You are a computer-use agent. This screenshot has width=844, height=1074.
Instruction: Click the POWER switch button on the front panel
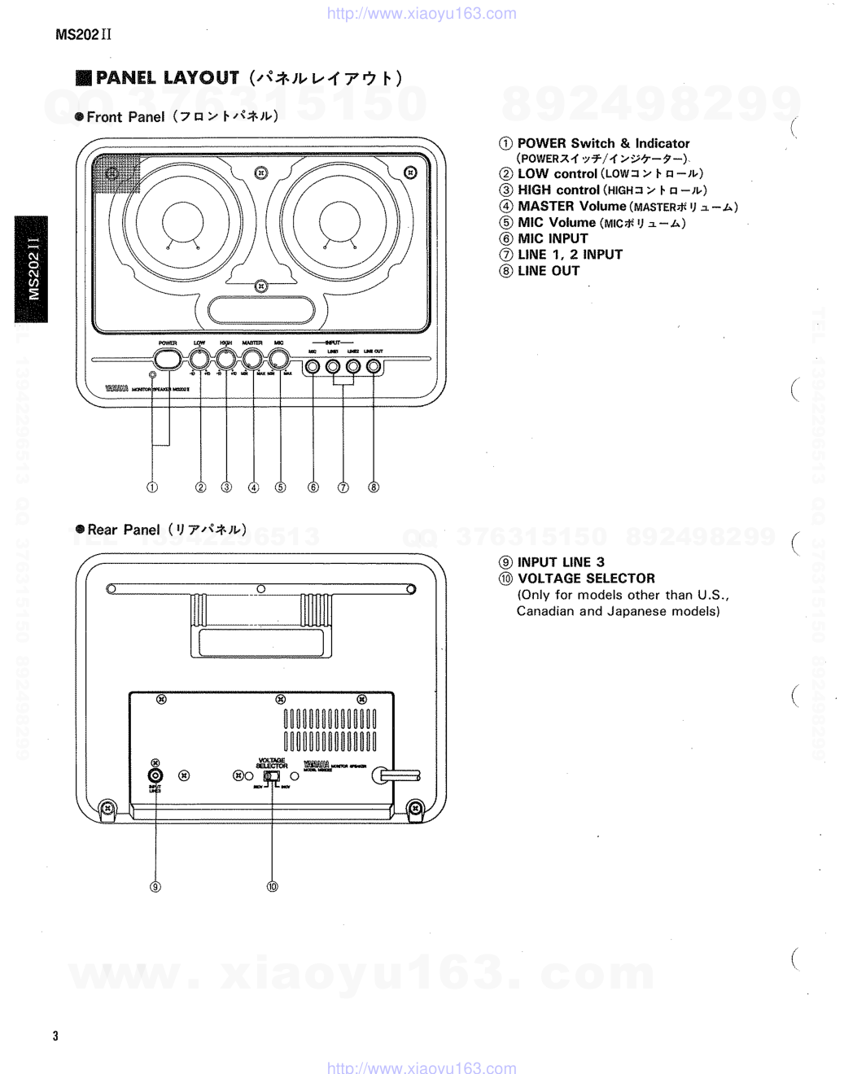[x=168, y=359]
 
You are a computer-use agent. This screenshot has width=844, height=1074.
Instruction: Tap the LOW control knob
[x=199, y=359]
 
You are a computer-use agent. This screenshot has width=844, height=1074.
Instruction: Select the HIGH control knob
[x=226, y=359]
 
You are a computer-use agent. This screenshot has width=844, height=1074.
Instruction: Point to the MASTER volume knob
[x=252, y=359]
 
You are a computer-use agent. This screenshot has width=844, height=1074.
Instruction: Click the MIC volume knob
[x=279, y=359]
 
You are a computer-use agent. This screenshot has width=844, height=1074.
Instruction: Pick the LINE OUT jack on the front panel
[x=374, y=366]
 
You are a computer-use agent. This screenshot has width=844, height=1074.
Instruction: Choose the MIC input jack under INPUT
[x=313, y=366]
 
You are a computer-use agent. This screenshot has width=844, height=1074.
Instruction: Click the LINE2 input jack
[x=353, y=366]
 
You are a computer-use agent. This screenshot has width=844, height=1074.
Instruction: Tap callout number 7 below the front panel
[x=343, y=487]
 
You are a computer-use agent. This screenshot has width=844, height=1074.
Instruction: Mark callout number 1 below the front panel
[x=152, y=487]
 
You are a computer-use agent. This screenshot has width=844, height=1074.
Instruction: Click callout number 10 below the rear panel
[x=273, y=886]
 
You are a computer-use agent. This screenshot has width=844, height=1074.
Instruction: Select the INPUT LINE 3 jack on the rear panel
[x=155, y=775]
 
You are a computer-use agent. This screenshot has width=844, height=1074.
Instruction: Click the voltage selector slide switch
[x=272, y=776]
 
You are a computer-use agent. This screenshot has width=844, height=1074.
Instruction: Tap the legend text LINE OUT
[x=549, y=271]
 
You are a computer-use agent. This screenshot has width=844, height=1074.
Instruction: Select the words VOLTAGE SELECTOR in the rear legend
[x=586, y=578]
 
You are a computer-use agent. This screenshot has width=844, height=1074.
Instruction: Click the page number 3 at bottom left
[x=55, y=1036]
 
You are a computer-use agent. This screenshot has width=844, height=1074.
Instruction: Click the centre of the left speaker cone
[x=182, y=221]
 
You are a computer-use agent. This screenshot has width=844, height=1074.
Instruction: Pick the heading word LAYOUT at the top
[x=201, y=78]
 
